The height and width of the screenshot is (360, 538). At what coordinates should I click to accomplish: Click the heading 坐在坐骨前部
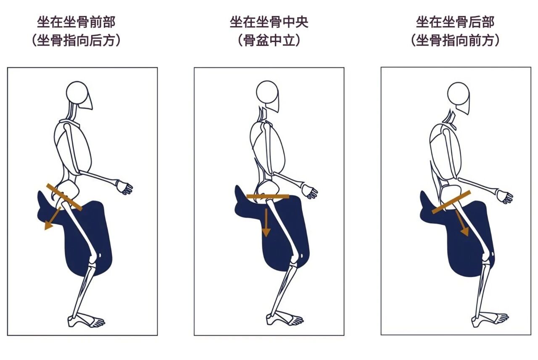pos(76,22)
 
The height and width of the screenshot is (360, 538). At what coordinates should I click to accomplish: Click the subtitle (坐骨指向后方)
pos(76,40)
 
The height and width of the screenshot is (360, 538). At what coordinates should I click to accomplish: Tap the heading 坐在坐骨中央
pos(269,22)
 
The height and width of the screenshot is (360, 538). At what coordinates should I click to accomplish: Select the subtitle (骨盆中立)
pos(269,40)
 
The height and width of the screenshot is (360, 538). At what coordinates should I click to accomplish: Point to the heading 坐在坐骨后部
pos(455,22)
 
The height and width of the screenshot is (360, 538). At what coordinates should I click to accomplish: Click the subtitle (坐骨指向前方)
pos(455,40)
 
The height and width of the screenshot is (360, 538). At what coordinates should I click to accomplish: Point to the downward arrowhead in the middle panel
pos(266,232)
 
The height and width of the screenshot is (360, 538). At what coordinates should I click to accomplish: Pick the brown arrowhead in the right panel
pos(465,232)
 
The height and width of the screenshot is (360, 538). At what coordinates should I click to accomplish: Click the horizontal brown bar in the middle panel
pos(268,196)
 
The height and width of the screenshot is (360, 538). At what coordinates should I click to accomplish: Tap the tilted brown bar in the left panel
pos(64,197)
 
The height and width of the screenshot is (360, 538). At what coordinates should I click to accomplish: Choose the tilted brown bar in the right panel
pos(451,202)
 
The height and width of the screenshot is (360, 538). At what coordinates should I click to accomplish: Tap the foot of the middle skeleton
pos(285,319)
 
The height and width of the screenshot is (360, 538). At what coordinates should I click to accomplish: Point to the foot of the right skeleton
pos(490,320)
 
